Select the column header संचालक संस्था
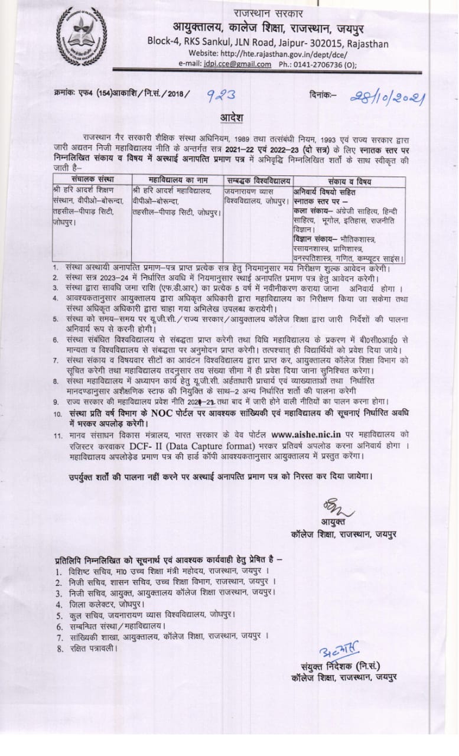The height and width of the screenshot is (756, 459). tap(90, 180)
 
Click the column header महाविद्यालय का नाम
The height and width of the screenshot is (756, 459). tap(175, 180)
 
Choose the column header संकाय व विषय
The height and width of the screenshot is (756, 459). tap(349, 180)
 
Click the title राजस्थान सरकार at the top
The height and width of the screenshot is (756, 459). tap(268, 13)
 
